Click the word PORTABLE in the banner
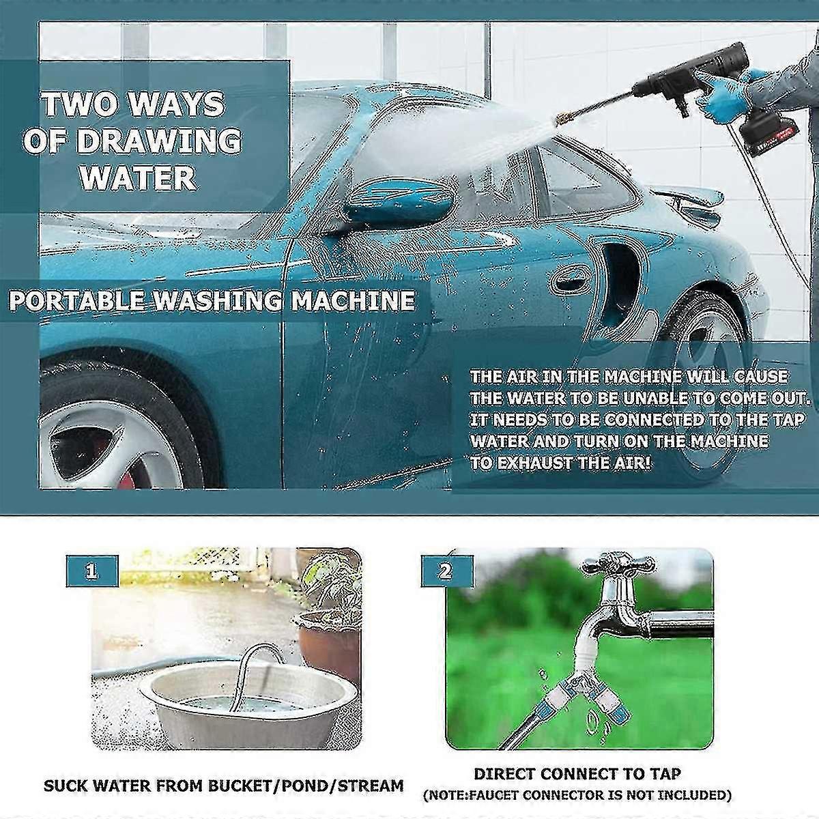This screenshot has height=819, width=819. [x=77, y=300]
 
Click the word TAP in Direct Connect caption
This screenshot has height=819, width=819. [x=664, y=774]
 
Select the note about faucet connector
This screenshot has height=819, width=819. [x=577, y=795]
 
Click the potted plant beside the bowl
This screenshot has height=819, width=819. [x=328, y=614]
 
